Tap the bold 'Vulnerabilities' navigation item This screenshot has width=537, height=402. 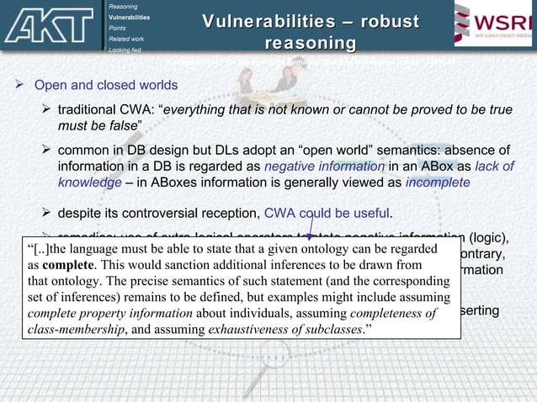click(x=130, y=17)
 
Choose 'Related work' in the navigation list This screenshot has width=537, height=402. click(x=127, y=39)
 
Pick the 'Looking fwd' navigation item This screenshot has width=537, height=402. click(x=125, y=50)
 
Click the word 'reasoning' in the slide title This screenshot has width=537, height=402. click(x=310, y=43)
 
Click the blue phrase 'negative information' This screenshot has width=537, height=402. click(x=314, y=166)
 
